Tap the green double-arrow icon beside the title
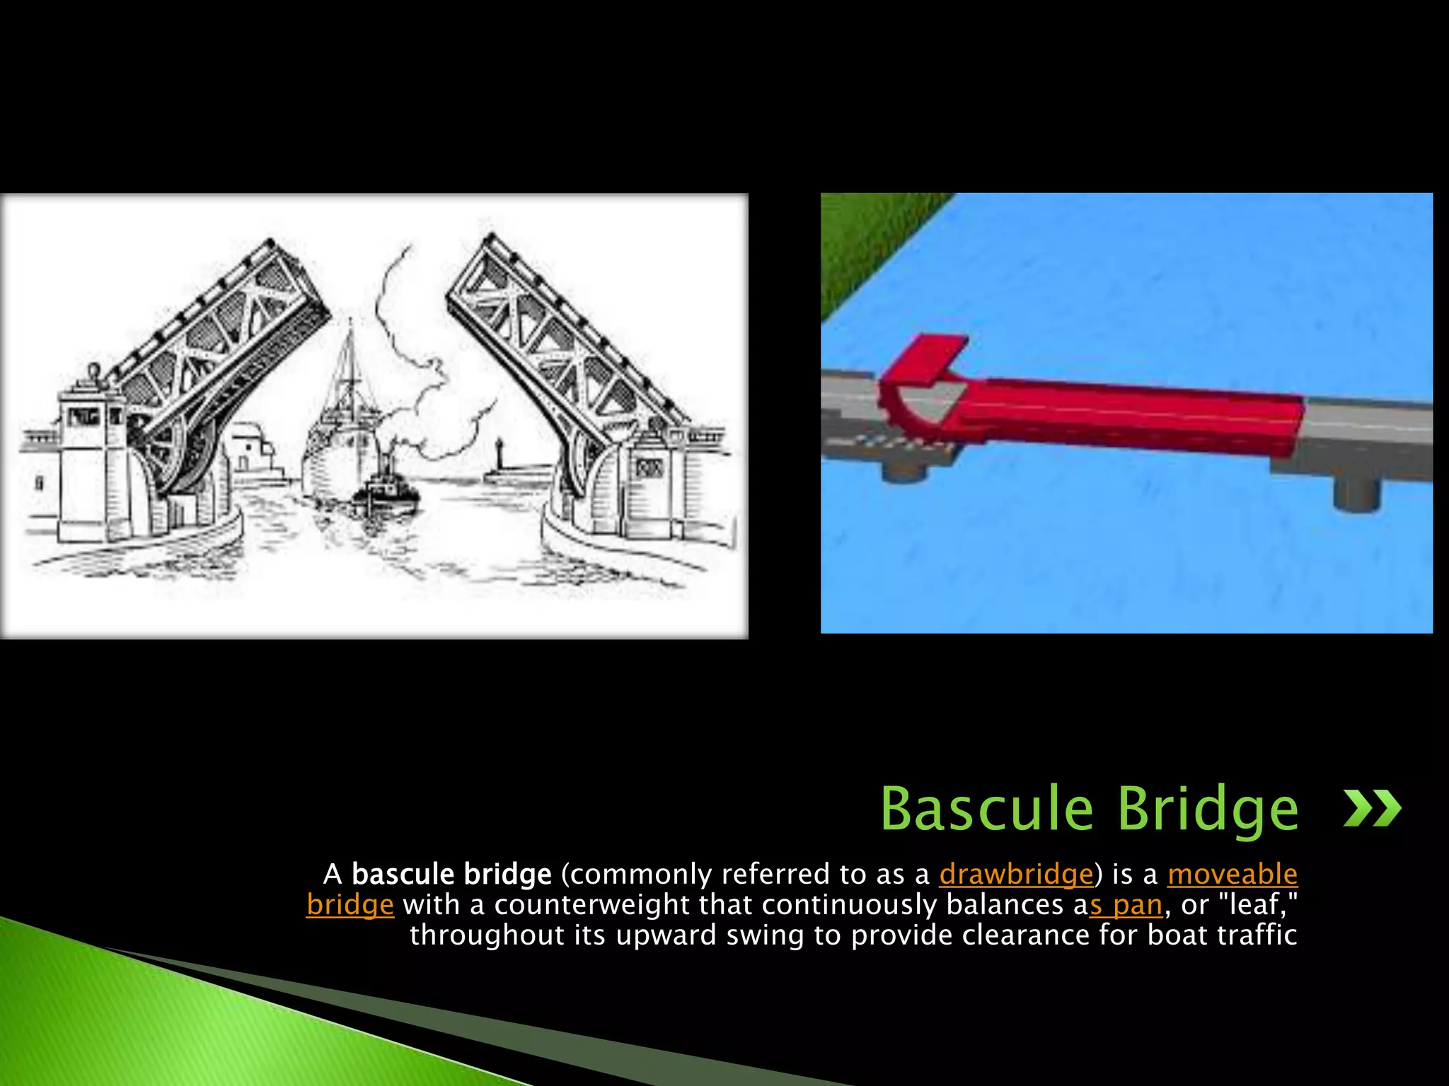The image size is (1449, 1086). [1372, 808]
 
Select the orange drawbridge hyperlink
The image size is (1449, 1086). [1016, 875]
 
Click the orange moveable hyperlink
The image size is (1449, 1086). [1232, 875]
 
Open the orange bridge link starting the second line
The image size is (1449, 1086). [350, 905]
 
